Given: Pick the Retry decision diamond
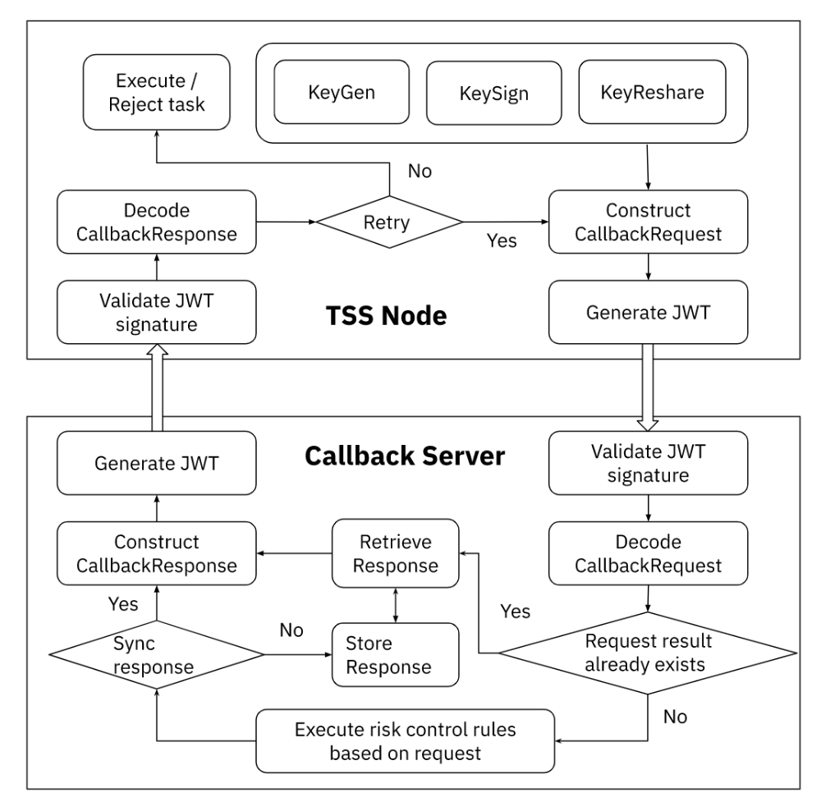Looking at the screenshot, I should pyautogui.click(x=391, y=222).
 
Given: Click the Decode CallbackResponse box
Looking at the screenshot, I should pyautogui.click(x=155, y=222).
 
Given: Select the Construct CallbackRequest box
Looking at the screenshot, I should pyautogui.click(x=648, y=222).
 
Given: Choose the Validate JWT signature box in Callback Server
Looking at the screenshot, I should pyautogui.click(x=648, y=463).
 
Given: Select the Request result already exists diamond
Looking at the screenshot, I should pyautogui.click(x=648, y=653).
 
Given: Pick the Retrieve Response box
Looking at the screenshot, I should pyautogui.click(x=395, y=554).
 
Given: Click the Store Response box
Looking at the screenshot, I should pyautogui.click(x=395, y=654).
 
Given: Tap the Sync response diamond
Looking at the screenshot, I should pyautogui.click(x=156, y=654).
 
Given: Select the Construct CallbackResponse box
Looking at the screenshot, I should pyautogui.click(x=155, y=554).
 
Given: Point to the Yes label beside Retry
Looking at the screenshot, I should pyautogui.click(x=501, y=241).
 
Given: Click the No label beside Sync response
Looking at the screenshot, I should pyautogui.click(x=291, y=630).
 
